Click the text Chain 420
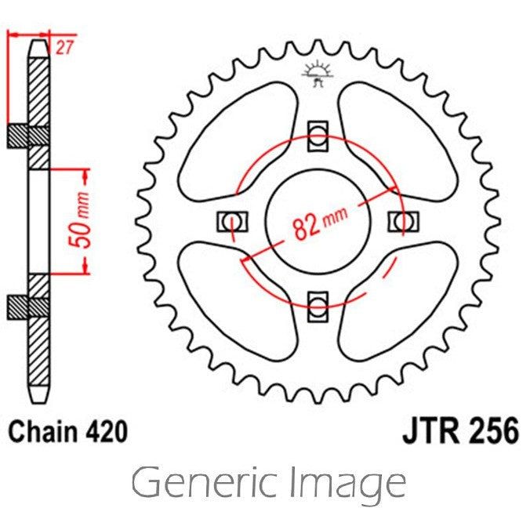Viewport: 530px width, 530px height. click(67, 431)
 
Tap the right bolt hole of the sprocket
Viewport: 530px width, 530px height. click(402, 222)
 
